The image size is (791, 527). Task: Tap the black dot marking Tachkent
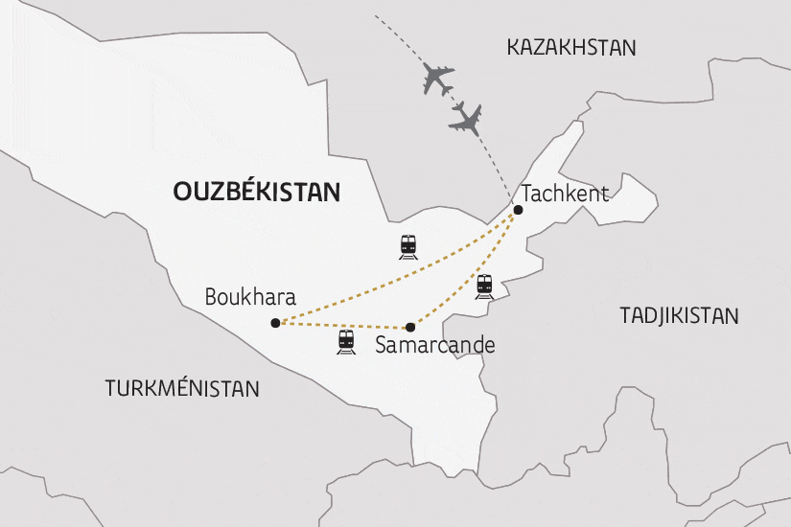(518, 210)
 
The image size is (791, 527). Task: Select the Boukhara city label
(250, 298)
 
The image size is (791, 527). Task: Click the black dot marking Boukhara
(275, 323)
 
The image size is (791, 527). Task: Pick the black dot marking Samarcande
(410, 327)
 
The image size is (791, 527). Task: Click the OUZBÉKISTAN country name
(256, 192)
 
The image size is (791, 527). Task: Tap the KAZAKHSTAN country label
(571, 47)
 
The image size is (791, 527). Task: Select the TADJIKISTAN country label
(679, 315)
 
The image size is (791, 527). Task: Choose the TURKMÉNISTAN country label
(182, 388)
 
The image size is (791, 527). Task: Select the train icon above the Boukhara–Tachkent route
(409, 246)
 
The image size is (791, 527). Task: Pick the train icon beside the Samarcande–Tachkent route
(484, 286)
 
